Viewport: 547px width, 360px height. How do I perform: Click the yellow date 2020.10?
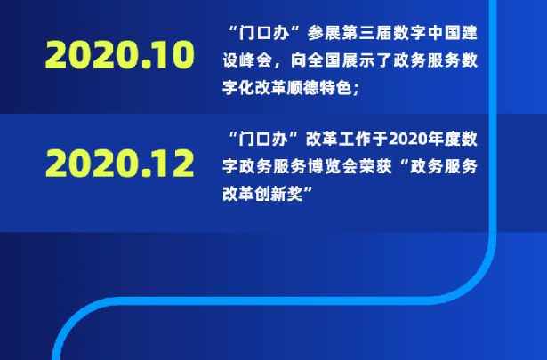click(x=120, y=54)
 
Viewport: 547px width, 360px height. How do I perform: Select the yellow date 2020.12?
click(x=120, y=163)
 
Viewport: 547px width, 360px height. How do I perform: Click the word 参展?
click(x=324, y=33)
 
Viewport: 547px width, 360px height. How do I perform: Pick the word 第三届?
click(x=366, y=33)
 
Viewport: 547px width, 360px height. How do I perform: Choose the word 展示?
click(x=358, y=60)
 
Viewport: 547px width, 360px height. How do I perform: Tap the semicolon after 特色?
click(x=356, y=90)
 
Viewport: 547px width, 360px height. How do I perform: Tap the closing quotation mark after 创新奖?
click(x=308, y=190)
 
